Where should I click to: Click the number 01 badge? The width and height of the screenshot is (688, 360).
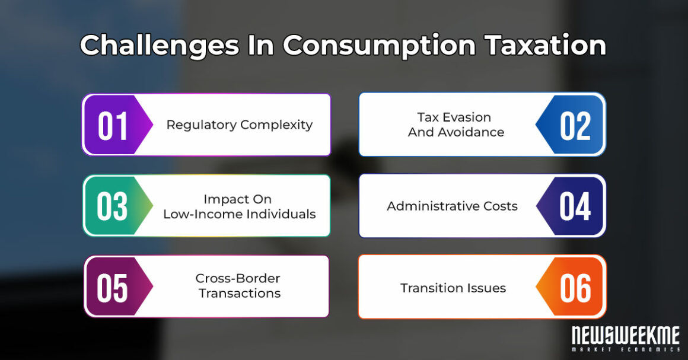click(113, 125)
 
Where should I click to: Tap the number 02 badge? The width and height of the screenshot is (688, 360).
click(575, 125)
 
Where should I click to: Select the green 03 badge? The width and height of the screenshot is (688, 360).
click(113, 206)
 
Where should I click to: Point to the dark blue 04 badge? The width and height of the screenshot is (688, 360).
click(575, 206)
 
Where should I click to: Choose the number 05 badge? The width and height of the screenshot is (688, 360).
click(113, 286)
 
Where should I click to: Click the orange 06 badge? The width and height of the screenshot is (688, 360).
click(575, 288)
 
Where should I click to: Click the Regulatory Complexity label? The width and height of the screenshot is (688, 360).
click(239, 125)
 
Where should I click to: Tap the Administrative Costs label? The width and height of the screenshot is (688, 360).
click(452, 206)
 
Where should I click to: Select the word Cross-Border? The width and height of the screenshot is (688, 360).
click(238, 278)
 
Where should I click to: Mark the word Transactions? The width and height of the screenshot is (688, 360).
click(240, 293)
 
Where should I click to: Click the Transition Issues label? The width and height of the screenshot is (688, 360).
click(453, 288)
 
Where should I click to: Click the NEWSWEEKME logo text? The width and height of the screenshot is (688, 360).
click(625, 336)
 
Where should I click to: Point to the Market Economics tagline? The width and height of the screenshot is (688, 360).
click(625, 350)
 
